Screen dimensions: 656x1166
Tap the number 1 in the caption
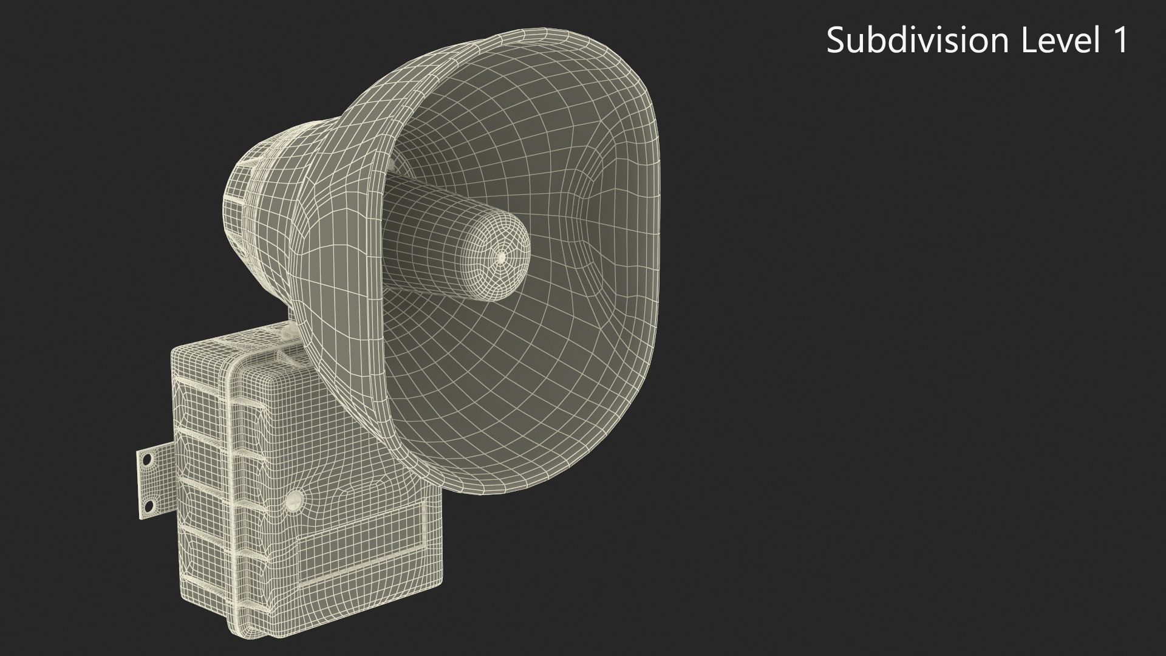pos(1119,41)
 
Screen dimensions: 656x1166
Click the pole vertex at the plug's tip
pos(501,258)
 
